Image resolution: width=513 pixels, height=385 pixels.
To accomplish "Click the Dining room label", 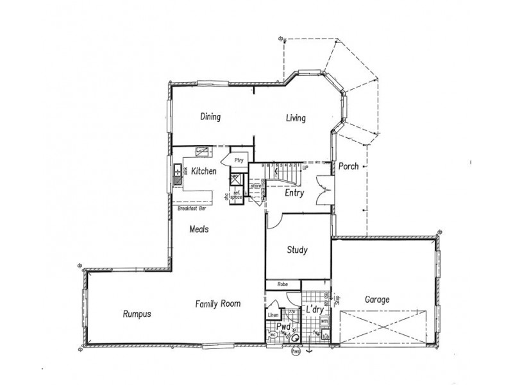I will click(210, 117).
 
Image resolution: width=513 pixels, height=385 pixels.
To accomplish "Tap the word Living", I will click(296, 118).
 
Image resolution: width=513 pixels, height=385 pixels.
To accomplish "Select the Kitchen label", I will click(203, 171).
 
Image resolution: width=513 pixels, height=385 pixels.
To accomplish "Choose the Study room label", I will click(298, 250).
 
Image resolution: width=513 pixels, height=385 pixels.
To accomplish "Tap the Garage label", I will click(378, 300).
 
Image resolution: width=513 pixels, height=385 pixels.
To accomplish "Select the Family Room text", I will click(218, 304).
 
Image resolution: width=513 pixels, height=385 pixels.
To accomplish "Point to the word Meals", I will click(200, 228).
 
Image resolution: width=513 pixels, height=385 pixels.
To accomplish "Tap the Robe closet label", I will click(282, 284).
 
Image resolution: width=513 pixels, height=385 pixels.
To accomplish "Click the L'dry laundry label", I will click(315, 309).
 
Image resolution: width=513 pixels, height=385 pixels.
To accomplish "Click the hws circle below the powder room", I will click(296, 351).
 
